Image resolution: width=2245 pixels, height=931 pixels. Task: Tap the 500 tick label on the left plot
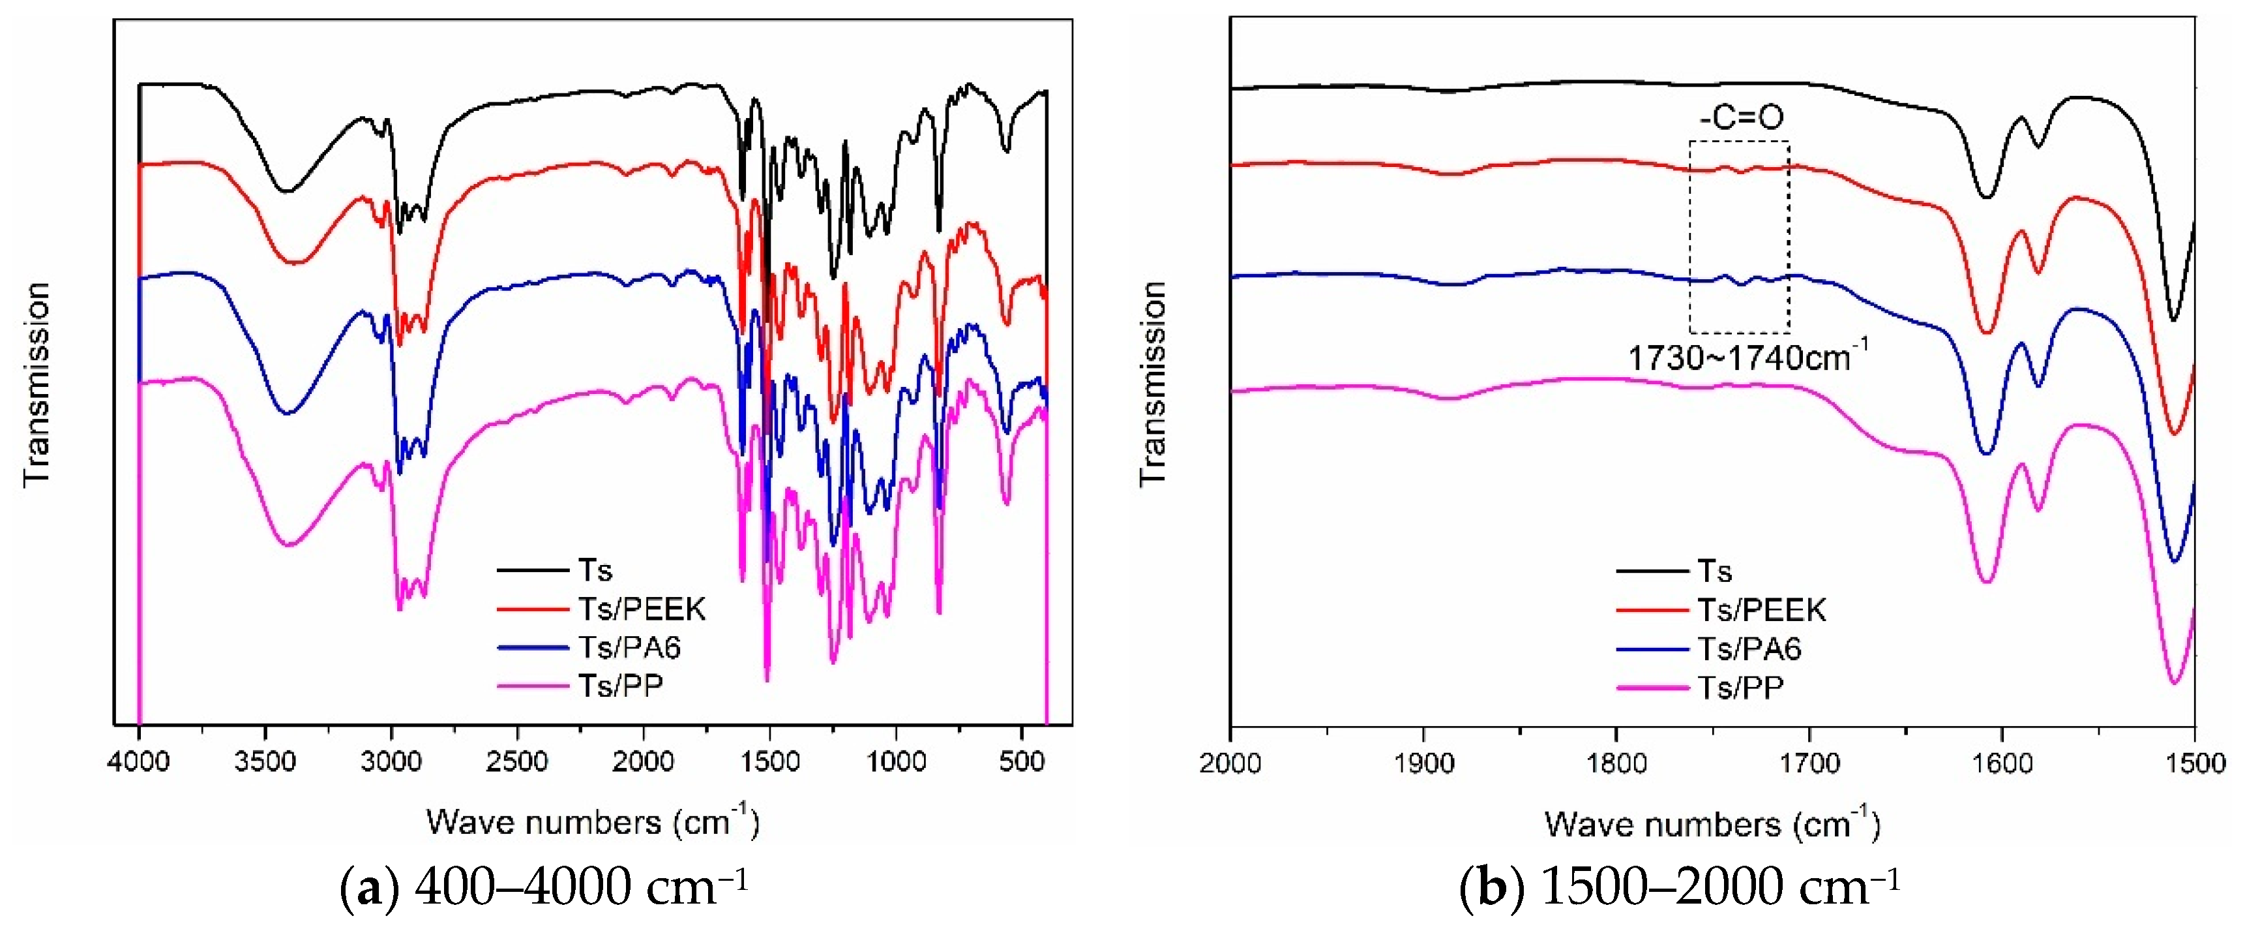(1021, 762)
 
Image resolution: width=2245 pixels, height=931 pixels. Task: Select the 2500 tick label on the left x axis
(517, 762)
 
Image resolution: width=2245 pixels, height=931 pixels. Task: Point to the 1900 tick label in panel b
(1423, 763)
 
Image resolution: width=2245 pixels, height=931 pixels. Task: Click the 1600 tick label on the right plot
(2002, 763)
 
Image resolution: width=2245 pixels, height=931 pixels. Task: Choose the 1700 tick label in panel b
(1809, 763)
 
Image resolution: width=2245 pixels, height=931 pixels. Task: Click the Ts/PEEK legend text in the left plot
(642, 609)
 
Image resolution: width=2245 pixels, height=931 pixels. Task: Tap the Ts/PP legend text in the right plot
(1740, 688)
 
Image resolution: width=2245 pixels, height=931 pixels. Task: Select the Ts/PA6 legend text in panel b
(1749, 649)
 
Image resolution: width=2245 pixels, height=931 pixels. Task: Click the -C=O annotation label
(1740, 117)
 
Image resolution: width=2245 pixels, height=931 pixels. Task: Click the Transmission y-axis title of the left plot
(37, 384)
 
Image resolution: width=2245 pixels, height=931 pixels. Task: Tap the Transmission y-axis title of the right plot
(1152, 384)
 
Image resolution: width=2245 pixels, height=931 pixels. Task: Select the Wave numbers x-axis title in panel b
(1712, 824)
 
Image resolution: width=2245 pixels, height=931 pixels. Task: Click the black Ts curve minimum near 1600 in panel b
(1986, 197)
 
